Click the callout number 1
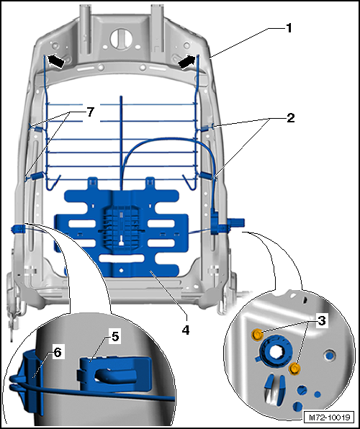tap(289, 28)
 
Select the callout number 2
tap(290, 118)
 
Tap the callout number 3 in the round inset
tap(322, 320)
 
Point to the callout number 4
tap(185, 330)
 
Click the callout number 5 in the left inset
tap(115, 337)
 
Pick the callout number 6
tap(58, 353)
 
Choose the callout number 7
tap(91, 112)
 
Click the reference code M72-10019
tap(330, 417)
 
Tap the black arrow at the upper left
tap(56, 60)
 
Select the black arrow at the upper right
tap(186, 60)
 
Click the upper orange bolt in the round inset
tap(257, 334)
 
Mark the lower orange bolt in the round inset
tap(294, 369)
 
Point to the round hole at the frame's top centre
tap(121, 38)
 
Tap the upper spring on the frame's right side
tap(207, 127)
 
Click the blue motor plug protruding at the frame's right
tap(235, 223)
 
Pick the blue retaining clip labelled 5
tap(114, 374)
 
